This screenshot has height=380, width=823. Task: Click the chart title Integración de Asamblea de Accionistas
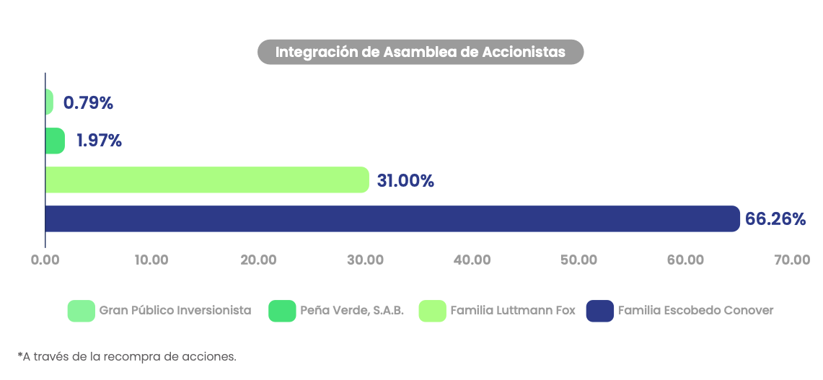421,53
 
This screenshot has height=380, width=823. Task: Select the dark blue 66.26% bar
392,218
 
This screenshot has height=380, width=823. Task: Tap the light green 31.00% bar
206,180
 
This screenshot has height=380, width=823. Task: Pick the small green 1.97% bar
55,141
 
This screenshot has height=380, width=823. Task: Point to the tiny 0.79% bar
49,102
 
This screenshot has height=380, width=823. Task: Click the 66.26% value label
775,219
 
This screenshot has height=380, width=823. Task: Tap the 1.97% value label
100,141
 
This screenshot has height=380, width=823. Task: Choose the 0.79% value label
89,103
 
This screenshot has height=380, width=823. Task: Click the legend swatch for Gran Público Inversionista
81,311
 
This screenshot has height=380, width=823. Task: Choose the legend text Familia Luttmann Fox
513,311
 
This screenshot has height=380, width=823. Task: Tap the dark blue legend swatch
599,311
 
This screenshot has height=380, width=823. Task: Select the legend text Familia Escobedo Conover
695,311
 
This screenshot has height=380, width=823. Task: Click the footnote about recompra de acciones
127,356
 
